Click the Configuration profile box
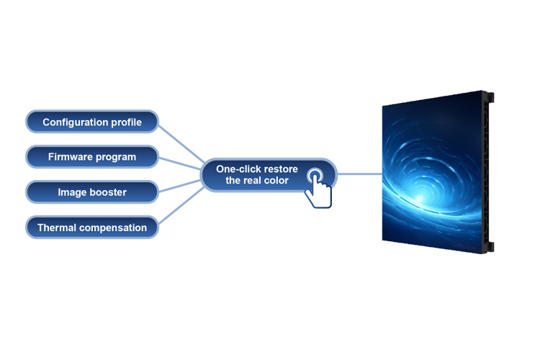pyautogui.click(x=92, y=122)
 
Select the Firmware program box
pyautogui.click(x=92, y=156)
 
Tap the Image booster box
pyautogui.click(x=92, y=192)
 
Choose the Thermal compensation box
pyautogui.click(x=92, y=228)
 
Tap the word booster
pyautogui.click(x=108, y=192)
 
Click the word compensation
pyautogui.click(x=114, y=228)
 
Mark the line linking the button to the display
pyautogui.click(x=360, y=174)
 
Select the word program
pyautogui.click(x=118, y=156)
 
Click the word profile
pyautogui.click(x=126, y=122)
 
